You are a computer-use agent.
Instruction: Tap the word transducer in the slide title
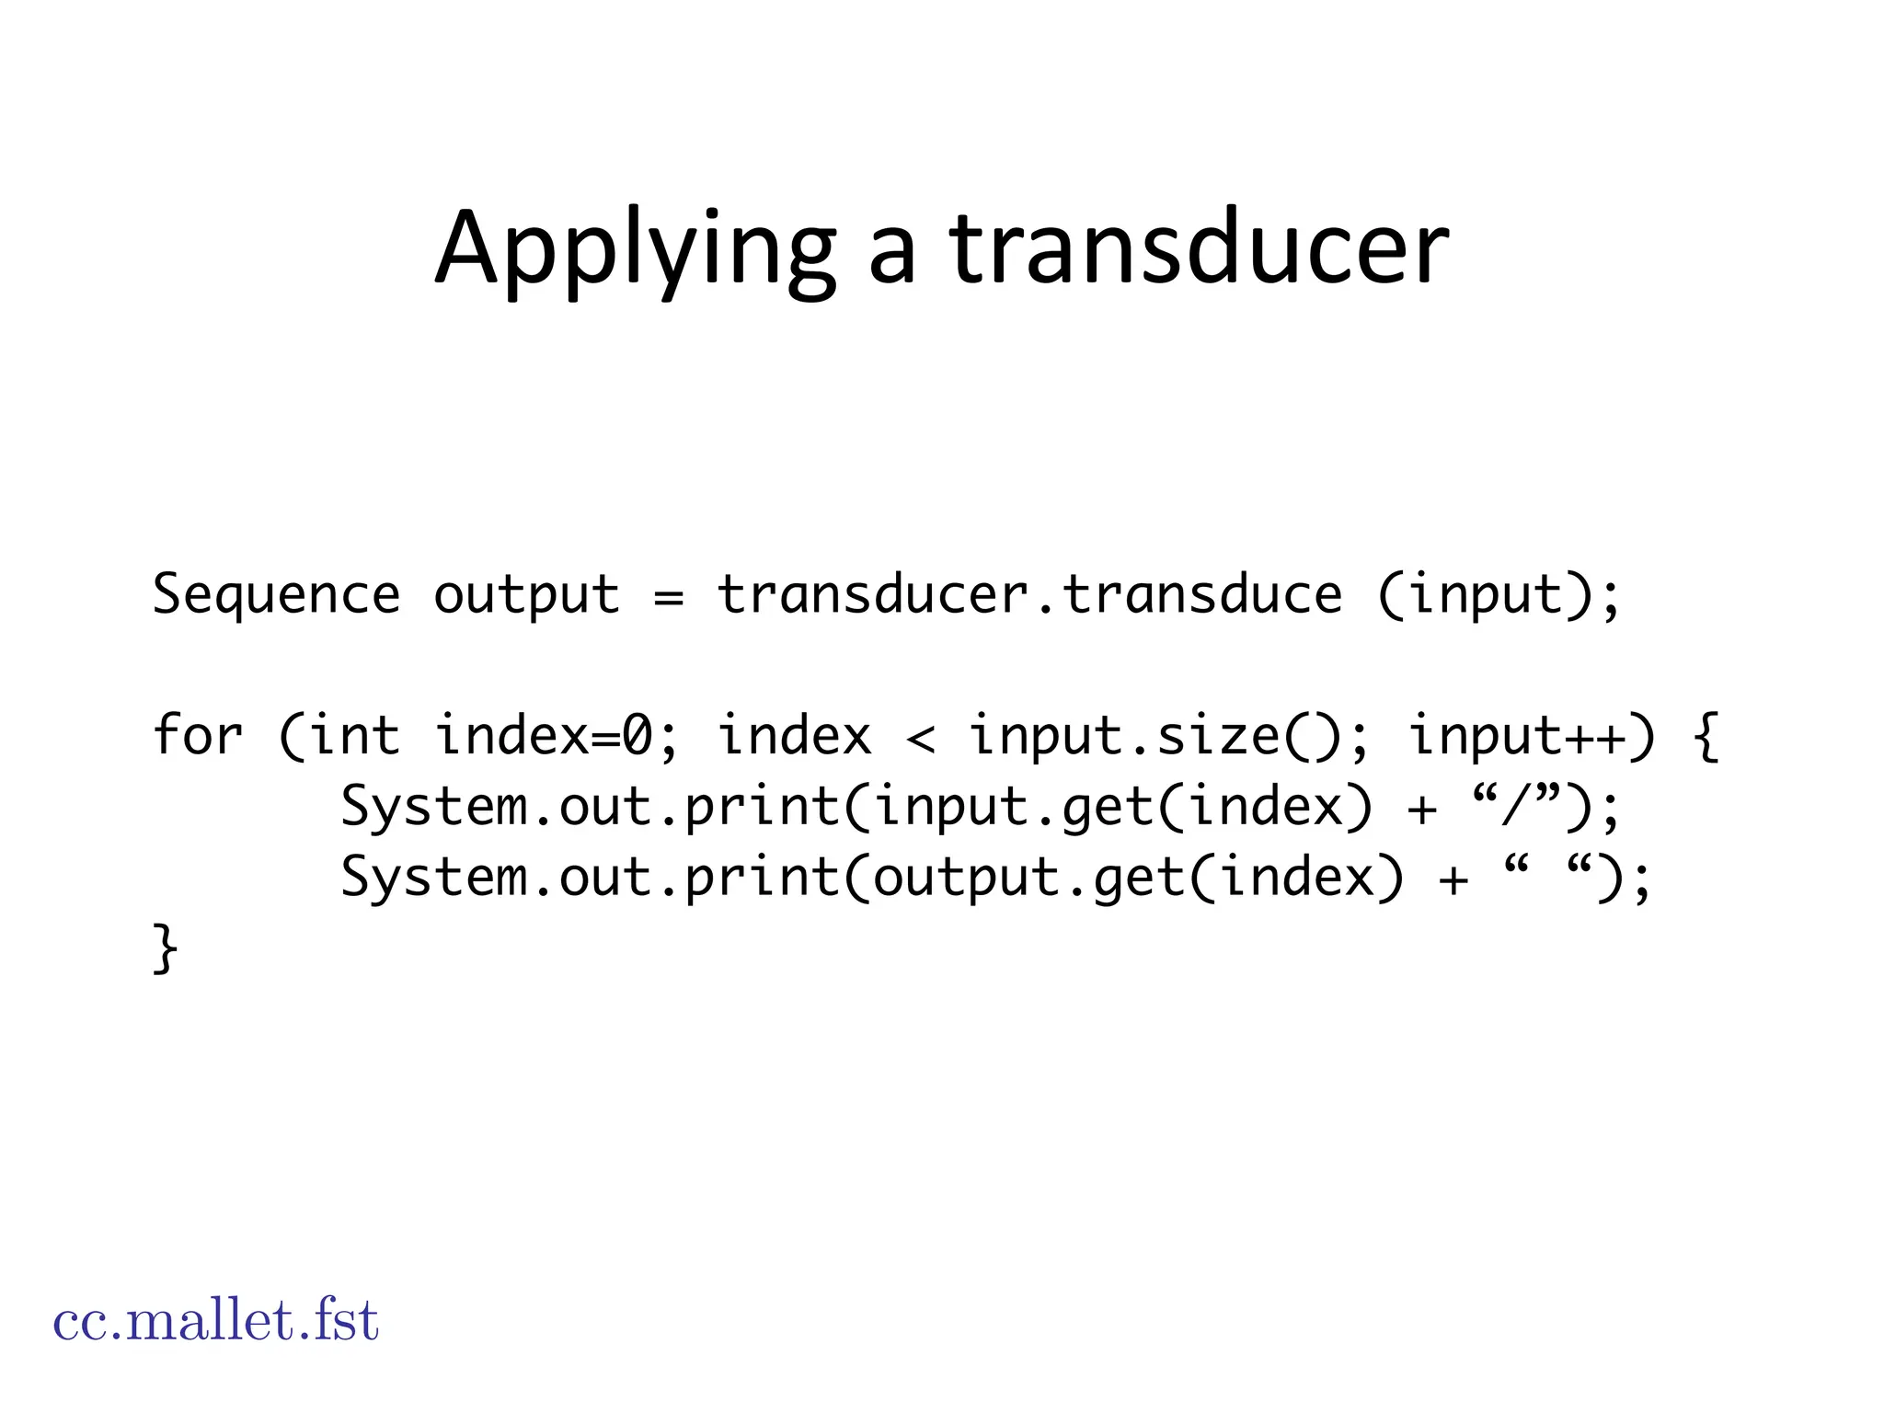[1199, 248]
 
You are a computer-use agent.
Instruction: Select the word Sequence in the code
[276, 595]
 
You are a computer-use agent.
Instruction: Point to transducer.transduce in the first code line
[1029, 595]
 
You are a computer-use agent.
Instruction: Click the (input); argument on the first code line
[1499, 595]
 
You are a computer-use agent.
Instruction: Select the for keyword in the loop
[197, 736]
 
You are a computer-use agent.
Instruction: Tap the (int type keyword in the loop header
[339, 736]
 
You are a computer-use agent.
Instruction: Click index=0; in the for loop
[557, 736]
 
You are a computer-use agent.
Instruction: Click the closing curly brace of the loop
[165, 948]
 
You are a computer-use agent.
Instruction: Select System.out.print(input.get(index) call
[856, 807]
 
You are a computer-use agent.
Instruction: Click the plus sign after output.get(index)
[1453, 879]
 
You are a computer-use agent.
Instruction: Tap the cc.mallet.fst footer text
[216, 1321]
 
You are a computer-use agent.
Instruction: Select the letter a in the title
[892, 253]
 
